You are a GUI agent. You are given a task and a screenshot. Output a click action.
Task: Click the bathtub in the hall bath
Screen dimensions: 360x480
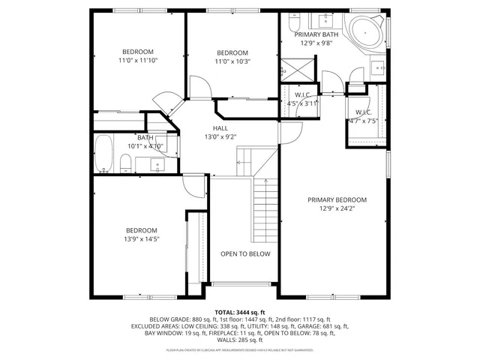[x=103, y=154]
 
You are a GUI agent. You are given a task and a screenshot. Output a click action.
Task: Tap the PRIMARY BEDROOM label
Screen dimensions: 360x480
[x=337, y=200]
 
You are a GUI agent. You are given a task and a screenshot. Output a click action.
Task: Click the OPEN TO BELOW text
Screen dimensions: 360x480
[x=245, y=254]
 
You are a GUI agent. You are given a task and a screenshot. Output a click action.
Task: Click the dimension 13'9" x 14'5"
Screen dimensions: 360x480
[x=141, y=238]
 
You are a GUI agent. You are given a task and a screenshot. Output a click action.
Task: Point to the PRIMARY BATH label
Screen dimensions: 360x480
[x=316, y=35]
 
